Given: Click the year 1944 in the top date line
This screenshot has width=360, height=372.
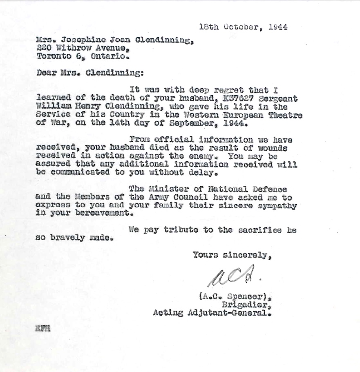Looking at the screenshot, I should coord(278,27).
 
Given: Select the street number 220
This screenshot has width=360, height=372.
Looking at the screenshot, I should coord(43,48).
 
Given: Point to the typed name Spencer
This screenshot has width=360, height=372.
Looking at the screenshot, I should coord(244,297).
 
